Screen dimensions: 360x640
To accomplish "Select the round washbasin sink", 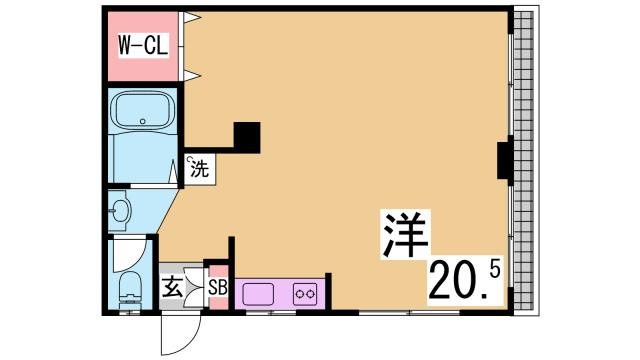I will click(x=121, y=211).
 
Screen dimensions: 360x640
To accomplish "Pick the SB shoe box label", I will click(x=218, y=290).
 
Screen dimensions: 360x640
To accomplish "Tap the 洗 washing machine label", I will click(x=199, y=169).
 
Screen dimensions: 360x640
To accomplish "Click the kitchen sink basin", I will click(x=258, y=294).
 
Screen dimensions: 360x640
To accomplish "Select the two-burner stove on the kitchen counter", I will click(x=305, y=294).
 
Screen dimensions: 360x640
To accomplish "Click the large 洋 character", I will click(x=404, y=236).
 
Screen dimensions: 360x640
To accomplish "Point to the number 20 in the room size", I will click(x=455, y=281).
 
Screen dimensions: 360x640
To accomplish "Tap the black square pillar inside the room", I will click(x=246, y=135).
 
